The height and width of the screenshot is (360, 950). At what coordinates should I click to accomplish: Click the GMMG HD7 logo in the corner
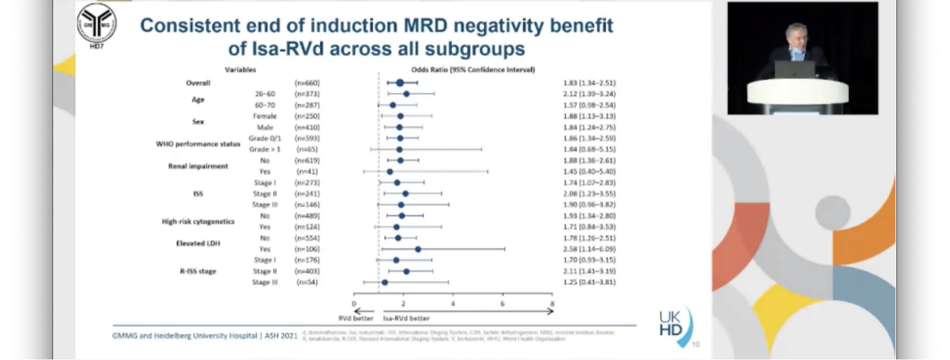point(96,25)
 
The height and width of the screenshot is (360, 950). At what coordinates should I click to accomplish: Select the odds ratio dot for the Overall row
point(400,83)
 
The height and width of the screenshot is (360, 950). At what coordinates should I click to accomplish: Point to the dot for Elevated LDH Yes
point(418,249)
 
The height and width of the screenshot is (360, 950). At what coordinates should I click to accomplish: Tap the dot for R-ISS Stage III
point(384,283)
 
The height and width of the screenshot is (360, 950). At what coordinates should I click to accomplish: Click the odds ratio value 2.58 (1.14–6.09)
point(589,249)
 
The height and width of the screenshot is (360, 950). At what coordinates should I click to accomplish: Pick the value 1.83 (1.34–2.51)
point(589,83)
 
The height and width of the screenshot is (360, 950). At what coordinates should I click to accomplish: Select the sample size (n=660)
point(307,83)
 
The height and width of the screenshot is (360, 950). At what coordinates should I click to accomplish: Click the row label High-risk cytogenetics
point(198,221)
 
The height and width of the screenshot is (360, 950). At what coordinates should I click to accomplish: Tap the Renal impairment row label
point(198,166)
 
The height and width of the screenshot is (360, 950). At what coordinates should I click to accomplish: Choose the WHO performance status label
point(198,144)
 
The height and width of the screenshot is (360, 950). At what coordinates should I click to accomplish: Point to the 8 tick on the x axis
point(552,304)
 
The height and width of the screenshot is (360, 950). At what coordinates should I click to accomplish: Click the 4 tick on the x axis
point(453,304)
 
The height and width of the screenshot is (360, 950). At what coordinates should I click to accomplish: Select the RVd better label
point(356,318)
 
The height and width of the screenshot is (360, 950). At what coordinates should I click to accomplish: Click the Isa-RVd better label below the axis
point(406,318)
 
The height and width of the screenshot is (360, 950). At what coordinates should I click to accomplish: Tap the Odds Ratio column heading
point(472,70)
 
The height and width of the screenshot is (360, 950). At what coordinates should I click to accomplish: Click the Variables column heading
point(240,70)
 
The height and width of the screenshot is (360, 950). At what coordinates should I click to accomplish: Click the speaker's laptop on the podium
point(794,70)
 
